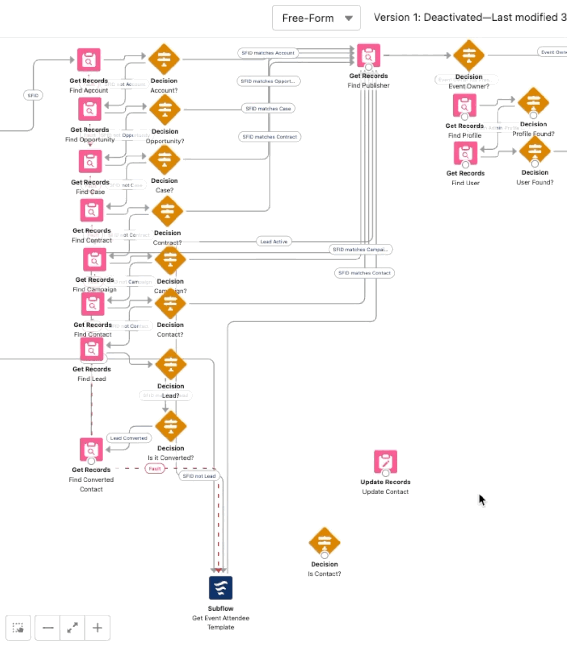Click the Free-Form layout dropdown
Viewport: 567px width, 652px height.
tap(316, 18)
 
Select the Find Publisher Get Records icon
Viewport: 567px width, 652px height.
tap(368, 55)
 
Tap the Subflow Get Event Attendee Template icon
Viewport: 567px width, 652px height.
tap(221, 588)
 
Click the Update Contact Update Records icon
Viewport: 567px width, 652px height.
tap(385, 461)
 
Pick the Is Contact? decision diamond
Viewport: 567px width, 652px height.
tap(324, 542)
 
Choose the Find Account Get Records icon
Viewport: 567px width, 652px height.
tap(89, 60)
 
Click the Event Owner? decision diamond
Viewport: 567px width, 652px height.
tap(469, 55)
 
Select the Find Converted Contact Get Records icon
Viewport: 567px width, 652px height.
tap(91, 450)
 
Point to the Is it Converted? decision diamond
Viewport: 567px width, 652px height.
tap(171, 426)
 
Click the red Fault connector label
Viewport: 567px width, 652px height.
tap(155, 469)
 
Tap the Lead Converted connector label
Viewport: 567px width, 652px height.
tap(129, 438)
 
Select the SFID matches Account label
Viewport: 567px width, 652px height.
tap(268, 53)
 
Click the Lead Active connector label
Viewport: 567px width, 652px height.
tap(274, 242)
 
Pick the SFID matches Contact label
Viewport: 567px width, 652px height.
tap(364, 273)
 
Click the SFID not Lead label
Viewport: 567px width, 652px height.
tap(199, 476)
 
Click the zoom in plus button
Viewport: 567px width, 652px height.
tap(97, 628)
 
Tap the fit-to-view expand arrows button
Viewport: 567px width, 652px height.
tap(72, 628)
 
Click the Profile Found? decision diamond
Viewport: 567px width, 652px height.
tap(533, 102)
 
